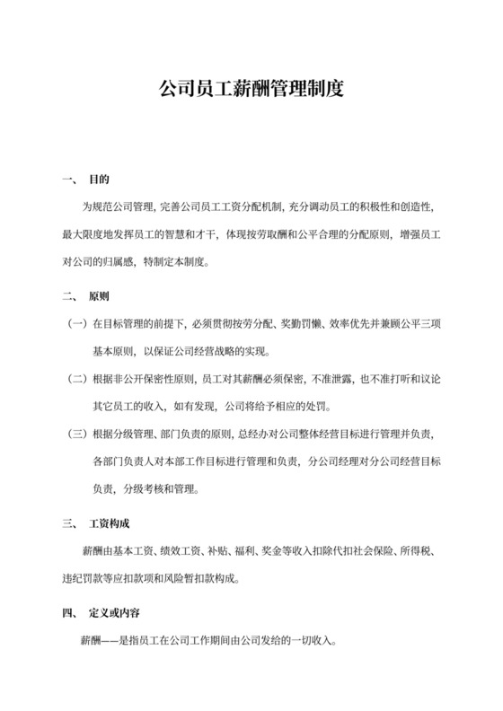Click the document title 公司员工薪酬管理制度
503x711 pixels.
pos(251,91)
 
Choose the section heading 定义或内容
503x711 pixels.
pos(115,614)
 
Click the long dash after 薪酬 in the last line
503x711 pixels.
pos(113,643)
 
